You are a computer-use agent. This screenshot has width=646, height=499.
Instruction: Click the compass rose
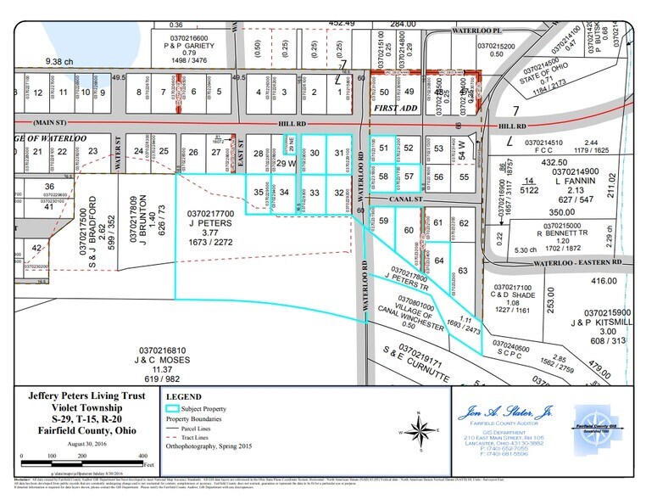[421, 426]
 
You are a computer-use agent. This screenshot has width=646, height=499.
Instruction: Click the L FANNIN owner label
[577, 181]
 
